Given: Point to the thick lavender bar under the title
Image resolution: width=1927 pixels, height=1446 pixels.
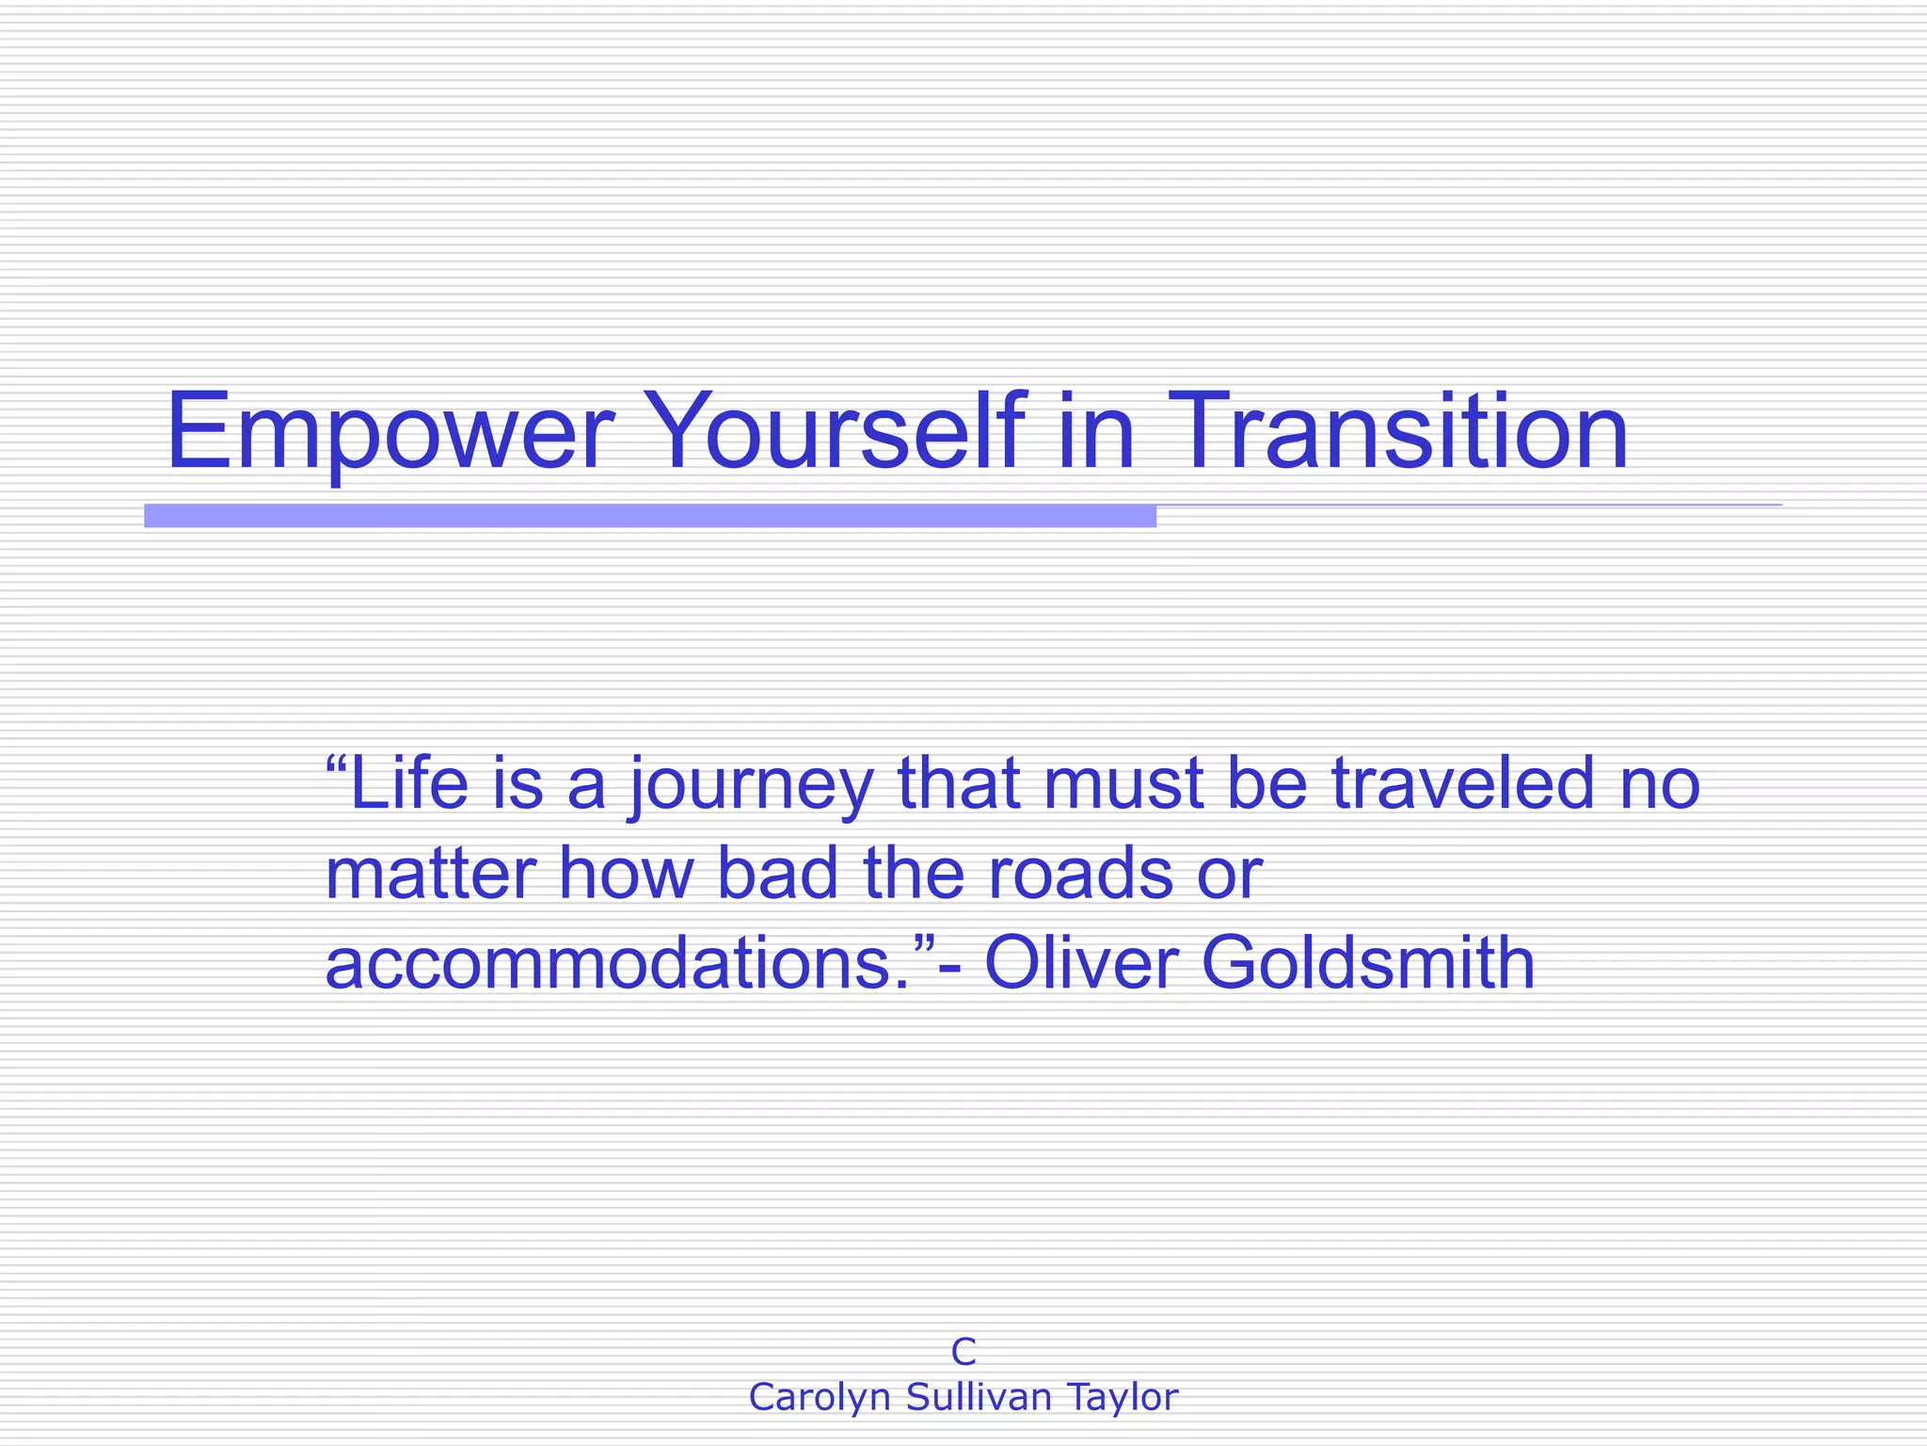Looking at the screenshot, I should [649, 516].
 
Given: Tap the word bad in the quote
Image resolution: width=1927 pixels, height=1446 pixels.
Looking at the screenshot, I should [777, 874].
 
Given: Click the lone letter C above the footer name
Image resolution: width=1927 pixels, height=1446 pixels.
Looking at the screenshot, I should [963, 1352].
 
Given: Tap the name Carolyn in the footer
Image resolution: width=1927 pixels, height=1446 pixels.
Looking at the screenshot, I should [820, 1398].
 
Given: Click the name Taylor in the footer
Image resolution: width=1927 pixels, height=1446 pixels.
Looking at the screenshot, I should [1122, 1398].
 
